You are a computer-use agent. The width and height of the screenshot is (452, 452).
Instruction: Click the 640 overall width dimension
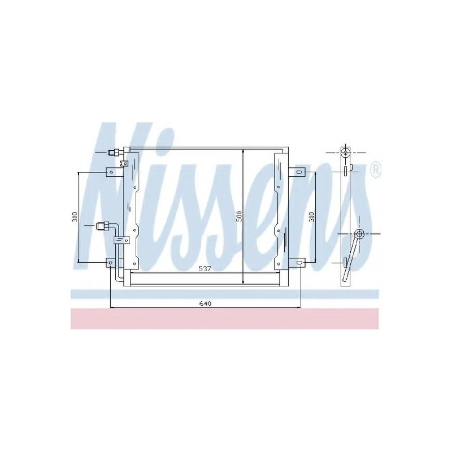coord(205,303)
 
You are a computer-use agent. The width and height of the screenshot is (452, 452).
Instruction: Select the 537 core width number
coord(205,269)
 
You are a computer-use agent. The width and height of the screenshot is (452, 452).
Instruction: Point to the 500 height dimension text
coord(239,215)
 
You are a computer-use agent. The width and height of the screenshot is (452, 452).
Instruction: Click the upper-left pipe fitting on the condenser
coord(115,151)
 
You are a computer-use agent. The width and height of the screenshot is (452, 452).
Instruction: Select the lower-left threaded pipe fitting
coord(103,226)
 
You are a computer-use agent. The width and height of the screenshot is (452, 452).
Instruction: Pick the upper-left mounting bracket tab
coord(111,172)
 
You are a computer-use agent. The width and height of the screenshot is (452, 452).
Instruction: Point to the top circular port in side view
coord(345,153)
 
